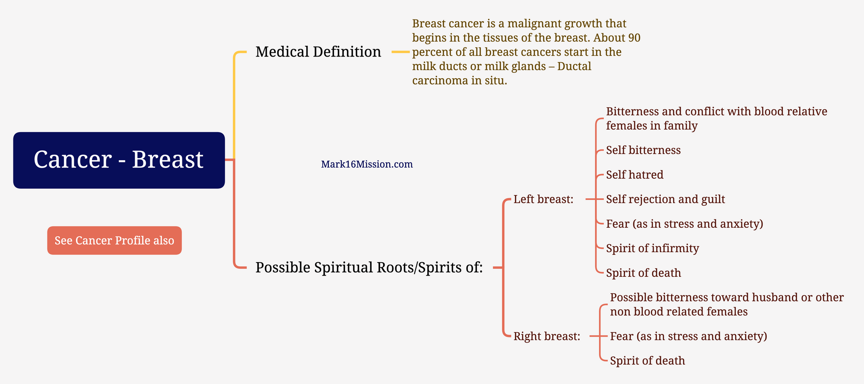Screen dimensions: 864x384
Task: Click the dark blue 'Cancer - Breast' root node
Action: pos(119,160)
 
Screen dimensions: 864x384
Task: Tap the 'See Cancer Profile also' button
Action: pos(114,241)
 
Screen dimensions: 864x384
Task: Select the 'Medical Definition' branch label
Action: pos(318,52)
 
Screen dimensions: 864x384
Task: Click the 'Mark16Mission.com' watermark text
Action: pos(367,164)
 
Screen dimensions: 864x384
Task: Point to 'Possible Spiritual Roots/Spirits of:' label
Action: pos(369,267)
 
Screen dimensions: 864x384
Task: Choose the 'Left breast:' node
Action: pos(543,199)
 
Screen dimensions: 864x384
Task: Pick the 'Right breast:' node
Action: pos(546,336)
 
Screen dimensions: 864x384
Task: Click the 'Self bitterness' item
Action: pos(643,150)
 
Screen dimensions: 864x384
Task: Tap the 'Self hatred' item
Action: pos(635,175)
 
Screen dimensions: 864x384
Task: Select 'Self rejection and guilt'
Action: pos(665,199)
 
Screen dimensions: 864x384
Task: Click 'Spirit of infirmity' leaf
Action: pos(652,248)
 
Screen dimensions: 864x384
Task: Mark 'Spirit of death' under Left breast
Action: pos(644,273)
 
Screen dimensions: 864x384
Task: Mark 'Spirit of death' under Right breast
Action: pos(648,361)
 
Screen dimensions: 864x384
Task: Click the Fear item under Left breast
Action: pos(685,224)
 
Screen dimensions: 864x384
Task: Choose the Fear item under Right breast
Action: pos(689,336)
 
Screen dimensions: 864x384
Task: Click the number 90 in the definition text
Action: pos(634,38)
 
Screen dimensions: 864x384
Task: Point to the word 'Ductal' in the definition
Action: pos(574,66)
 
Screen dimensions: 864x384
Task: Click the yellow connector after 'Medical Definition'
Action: pos(400,52)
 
